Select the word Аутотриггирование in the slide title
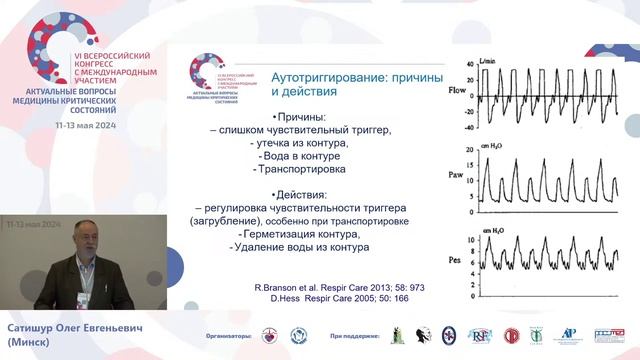(x=335, y=75)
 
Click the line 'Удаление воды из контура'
(x=301, y=247)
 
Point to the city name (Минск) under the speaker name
(x=31, y=342)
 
